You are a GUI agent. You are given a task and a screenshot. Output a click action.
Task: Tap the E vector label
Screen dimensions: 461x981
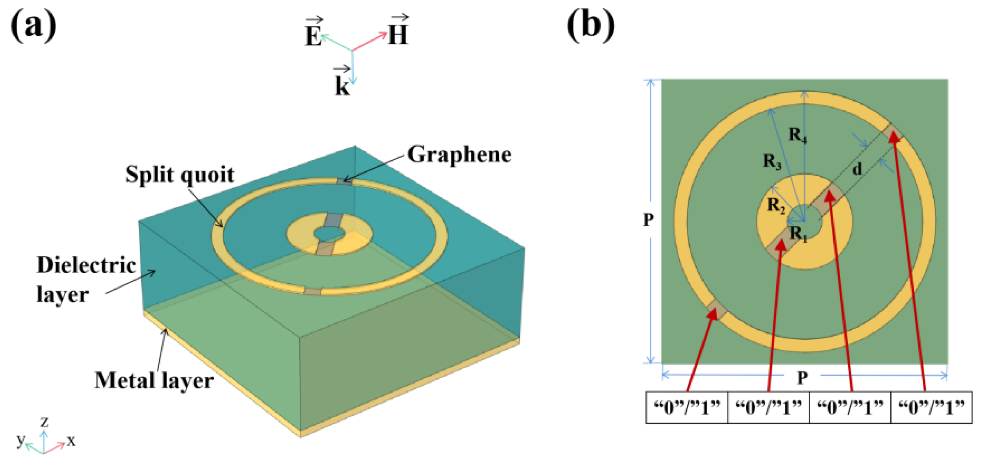[x=313, y=34]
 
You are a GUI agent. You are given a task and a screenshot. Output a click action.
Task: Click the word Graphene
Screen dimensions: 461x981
[x=459, y=155]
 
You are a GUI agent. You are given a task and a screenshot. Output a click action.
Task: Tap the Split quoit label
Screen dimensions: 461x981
[x=180, y=175]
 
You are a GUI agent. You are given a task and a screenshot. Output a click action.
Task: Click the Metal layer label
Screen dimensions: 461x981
[x=154, y=380]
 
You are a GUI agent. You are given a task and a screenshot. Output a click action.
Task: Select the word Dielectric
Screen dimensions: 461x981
[x=86, y=265]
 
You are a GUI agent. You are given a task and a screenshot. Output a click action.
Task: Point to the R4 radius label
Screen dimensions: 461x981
[x=798, y=135]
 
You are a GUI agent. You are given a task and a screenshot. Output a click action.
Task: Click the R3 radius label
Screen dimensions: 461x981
[x=772, y=161]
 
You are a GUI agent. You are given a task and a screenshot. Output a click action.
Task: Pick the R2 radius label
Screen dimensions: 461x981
[x=776, y=205]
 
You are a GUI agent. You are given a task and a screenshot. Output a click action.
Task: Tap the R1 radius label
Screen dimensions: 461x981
[x=798, y=234]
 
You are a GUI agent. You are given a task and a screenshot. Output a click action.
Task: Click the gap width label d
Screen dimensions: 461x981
[x=857, y=169]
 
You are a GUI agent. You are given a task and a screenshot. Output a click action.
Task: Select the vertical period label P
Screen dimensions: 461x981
[x=648, y=220]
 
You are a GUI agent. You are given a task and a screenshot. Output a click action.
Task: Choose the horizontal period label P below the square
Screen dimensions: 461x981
[x=802, y=377]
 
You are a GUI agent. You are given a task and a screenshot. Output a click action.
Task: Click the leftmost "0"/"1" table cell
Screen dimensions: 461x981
[x=686, y=408]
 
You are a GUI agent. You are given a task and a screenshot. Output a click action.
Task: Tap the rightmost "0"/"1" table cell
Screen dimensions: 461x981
[x=931, y=408]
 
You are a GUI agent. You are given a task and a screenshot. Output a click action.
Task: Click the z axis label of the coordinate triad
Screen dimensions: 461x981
[x=44, y=422]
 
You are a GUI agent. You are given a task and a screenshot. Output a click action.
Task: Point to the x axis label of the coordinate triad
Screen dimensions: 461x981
[x=71, y=441]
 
